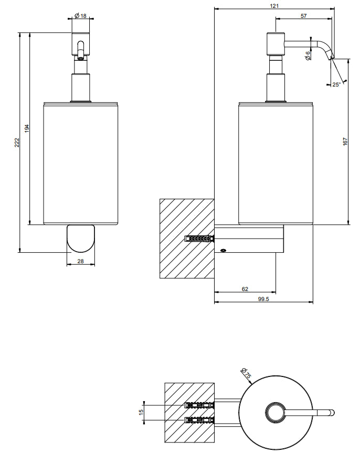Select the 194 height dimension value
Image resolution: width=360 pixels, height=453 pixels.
[x=27, y=128]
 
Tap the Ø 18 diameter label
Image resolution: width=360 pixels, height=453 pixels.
[x=81, y=16]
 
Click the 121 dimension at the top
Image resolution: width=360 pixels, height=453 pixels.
[x=274, y=6]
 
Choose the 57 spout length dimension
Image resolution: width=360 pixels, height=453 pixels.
[x=304, y=16]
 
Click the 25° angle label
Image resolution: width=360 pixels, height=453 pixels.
[x=336, y=84]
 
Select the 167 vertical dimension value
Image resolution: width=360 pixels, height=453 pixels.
[x=345, y=142]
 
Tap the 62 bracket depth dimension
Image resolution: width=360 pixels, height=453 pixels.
[x=245, y=289]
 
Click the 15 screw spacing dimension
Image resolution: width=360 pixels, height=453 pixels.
[x=141, y=413]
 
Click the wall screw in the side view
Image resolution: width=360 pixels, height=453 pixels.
[x=200, y=239]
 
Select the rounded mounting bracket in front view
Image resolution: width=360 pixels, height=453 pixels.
[x=81, y=238]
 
